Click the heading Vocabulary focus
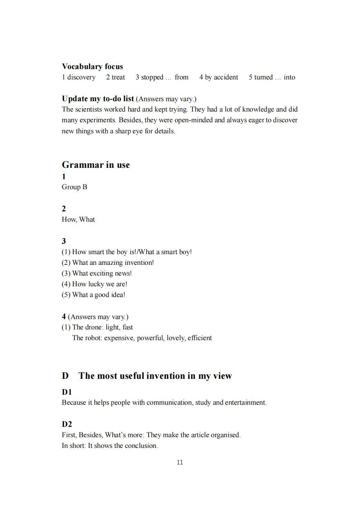point(92,66)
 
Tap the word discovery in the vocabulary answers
point(81,77)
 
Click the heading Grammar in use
point(96,165)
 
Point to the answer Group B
point(74,187)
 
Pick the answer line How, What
point(78,219)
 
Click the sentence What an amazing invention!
point(108,262)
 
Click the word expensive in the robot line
point(118,338)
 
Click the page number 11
point(180,462)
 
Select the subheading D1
point(67,392)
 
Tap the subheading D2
point(67,424)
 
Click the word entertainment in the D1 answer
point(245,402)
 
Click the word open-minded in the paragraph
point(194,120)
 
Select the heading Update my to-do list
point(98,98)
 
